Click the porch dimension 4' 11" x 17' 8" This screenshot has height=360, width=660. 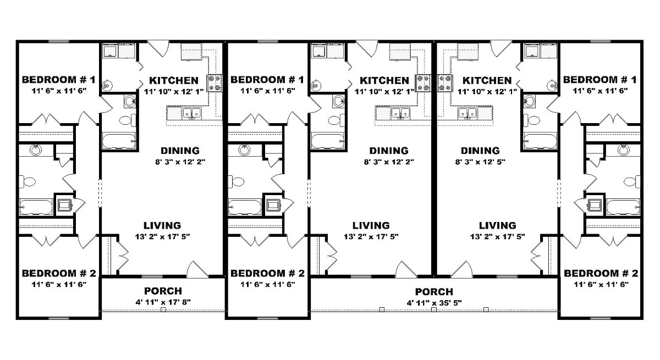163,302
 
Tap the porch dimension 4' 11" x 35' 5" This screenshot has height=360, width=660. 434,303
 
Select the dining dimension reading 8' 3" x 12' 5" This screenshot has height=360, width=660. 480,162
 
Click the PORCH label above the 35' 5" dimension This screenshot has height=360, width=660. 434,292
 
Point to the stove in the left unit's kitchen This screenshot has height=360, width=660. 215,82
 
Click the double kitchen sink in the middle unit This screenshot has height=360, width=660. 400,113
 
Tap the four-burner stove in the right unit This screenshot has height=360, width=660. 444,82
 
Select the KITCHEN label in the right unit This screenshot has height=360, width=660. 487,80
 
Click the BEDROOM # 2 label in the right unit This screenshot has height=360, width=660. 601,273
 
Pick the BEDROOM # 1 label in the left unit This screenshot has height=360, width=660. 59,80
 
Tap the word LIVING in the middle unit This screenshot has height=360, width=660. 371,225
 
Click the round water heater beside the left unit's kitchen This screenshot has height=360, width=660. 107,86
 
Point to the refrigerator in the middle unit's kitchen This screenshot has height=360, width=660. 400,52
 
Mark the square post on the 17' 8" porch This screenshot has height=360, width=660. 163,309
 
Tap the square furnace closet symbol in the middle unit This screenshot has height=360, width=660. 273,205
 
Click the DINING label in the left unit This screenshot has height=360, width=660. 180,151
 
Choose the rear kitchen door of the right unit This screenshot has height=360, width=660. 501,48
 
